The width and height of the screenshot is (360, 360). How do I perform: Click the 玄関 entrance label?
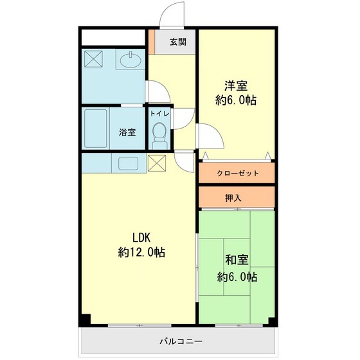[x=178, y=42]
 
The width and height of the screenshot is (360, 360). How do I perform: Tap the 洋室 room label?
[x=236, y=85]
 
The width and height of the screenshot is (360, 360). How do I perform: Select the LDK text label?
[x=141, y=237]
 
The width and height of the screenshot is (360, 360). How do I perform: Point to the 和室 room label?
[x=237, y=261]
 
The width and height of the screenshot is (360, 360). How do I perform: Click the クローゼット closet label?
[x=238, y=174]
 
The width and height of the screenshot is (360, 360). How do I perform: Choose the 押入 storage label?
[x=233, y=198]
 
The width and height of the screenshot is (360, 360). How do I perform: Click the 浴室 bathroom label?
[x=127, y=133]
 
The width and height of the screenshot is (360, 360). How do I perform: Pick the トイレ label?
[x=159, y=114]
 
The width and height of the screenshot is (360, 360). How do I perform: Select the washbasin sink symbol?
[x=132, y=60]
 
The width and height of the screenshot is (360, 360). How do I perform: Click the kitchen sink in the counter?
[x=127, y=163]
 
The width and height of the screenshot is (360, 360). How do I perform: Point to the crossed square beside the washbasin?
[x=94, y=59]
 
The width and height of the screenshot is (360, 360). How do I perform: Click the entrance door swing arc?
[x=170, y=14]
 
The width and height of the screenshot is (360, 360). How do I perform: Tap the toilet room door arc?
[x=185, y=117]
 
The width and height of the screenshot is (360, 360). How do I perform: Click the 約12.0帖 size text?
[x=141, y=253]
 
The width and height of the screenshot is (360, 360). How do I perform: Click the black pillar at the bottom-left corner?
[x=85, y=319]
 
